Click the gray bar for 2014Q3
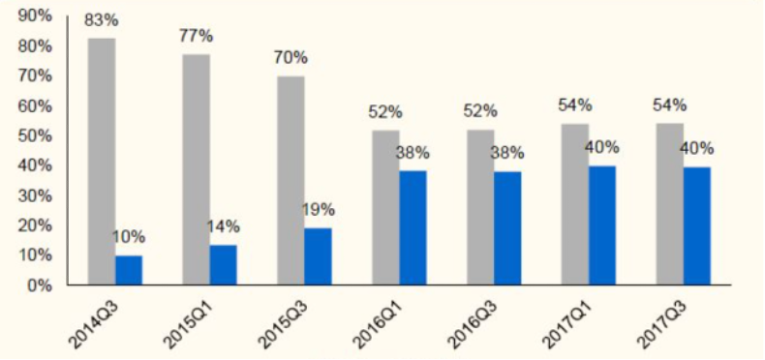(x=102, y=162)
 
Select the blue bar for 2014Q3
(x=129, y=270)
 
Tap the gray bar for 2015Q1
(x=197, y=169)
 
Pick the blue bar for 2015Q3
(x=318, y=256)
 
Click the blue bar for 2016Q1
(x=413, y=227)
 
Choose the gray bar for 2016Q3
(x=480, y=207)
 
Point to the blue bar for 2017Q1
(x=602, y=225)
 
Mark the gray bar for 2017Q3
(x=669, y=204)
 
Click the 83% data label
(x=101, y=21)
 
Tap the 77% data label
(x=196, y=37)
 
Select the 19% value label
(x=318, y=210)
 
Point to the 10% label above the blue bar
(x=129, y=237)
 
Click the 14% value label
(x=223, y=226)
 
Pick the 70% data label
(x=291, y=58)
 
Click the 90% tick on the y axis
(x=34, y=15)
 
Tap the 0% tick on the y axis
(x=39, y=285)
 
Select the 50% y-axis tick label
(x=34, y=135)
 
